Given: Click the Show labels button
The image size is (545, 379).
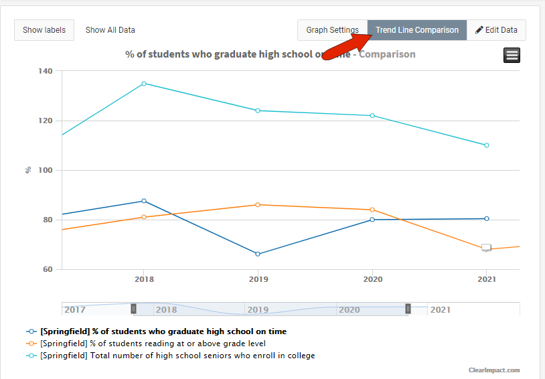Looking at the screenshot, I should coord(44,30).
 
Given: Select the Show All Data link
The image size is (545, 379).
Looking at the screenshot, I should coord(110,30).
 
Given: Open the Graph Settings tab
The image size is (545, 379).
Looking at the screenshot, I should coord(332,30).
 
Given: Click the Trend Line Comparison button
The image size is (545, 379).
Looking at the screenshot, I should coord(416,30).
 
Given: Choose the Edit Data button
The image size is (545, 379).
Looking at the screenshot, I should coord(496,30).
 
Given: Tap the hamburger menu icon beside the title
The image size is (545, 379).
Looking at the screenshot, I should coord(512,56).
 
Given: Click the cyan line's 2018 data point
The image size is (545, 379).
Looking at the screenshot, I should coord(144,84).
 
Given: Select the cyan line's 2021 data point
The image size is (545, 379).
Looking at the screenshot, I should coord(487,145).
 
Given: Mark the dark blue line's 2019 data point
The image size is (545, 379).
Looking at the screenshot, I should coord(258,254).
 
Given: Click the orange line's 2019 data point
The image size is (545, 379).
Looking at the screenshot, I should coord(258,205).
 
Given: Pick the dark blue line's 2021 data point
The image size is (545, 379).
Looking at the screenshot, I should coord(487,218).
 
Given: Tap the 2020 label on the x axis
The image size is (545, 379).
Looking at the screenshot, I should coord(372,279).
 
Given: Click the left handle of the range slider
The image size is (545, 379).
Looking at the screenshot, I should coord(134,309).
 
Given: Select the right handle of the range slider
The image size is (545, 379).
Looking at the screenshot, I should coord(408,309).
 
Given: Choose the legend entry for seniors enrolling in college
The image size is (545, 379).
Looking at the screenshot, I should coord(177,356).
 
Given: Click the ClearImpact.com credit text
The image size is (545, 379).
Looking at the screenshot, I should coord(494,370).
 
